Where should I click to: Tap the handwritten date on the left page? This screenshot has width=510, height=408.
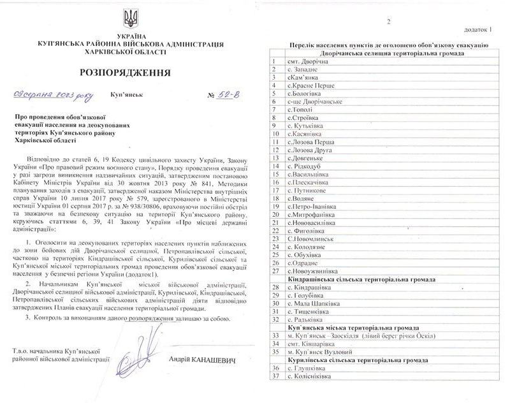click(x=52, y=96)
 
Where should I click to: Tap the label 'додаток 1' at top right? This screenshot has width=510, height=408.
click(x=487, y=29)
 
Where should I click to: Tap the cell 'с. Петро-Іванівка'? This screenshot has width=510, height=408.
click(x=313, y=207)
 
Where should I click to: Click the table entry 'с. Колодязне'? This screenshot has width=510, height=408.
click(x=309, y=247)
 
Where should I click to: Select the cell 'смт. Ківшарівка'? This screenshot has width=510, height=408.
click(x=310, y=344)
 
